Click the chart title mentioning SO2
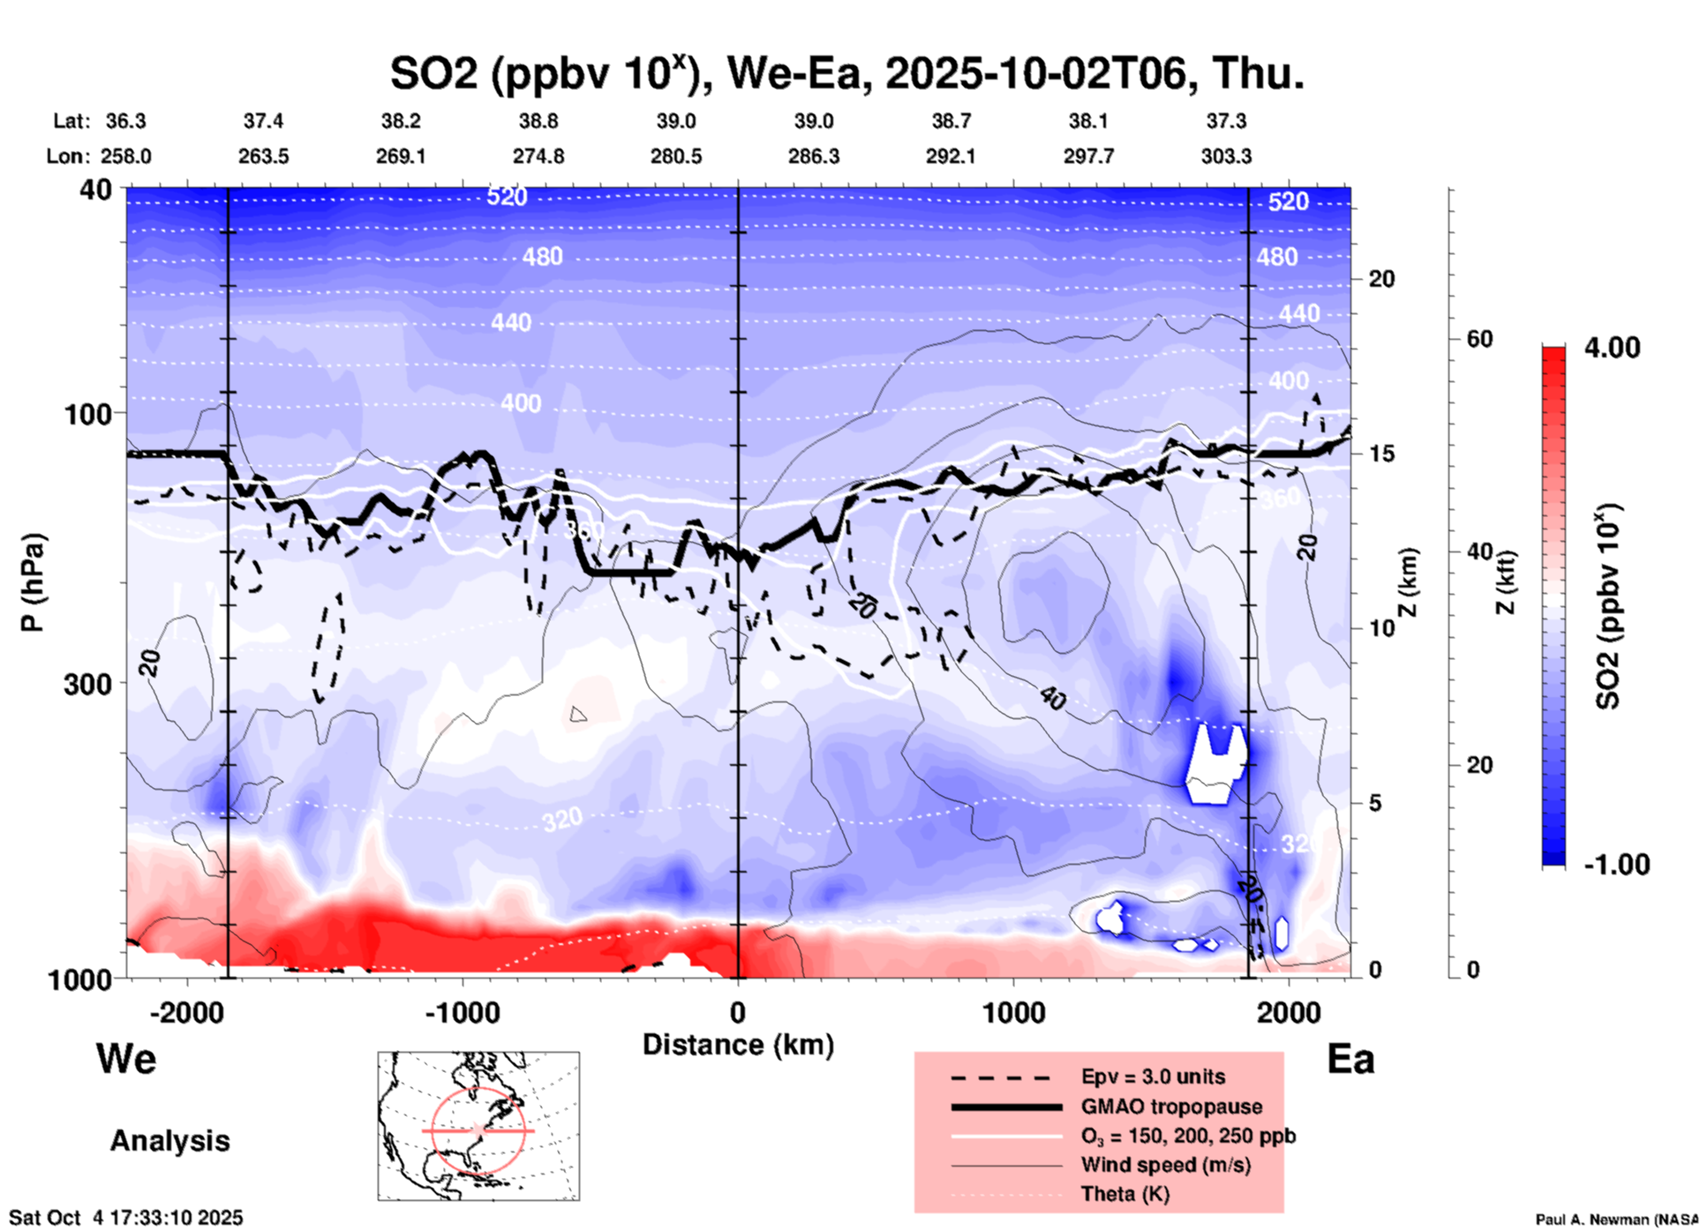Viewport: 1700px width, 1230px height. coord(847,73)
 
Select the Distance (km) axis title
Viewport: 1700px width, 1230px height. coord(738,1045)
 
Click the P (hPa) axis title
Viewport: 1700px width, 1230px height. coord(33,582)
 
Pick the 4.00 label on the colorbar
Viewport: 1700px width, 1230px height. coord(1612,348)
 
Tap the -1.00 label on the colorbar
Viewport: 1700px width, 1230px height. coord(1616,865)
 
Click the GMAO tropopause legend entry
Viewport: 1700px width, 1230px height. coord(1171,1106)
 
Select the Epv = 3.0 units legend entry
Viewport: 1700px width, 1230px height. coord(1153,1076)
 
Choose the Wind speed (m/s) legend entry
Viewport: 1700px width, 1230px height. coord(1165,1165)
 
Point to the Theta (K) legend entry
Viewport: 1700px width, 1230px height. coord(1125,1194)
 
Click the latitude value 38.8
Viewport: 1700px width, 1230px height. coord(538,121)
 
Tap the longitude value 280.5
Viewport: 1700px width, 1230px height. coord(676,156)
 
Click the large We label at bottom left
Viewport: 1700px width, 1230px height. coord(126,1059)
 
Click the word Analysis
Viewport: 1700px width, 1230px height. coord(169,1141)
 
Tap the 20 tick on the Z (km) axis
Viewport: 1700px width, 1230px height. coord(1381,279)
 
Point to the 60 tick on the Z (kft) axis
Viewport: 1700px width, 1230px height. coord(1479,339)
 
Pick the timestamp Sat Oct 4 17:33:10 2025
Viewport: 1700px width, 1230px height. coord(125,1218)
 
